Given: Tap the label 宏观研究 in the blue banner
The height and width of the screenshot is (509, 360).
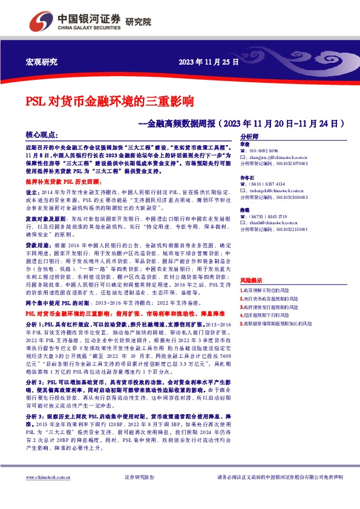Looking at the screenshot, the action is [41, 62].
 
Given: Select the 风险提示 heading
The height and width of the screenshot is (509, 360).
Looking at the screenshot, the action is [251, 280].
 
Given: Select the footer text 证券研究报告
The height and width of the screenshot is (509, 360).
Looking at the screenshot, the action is [140, 494].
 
